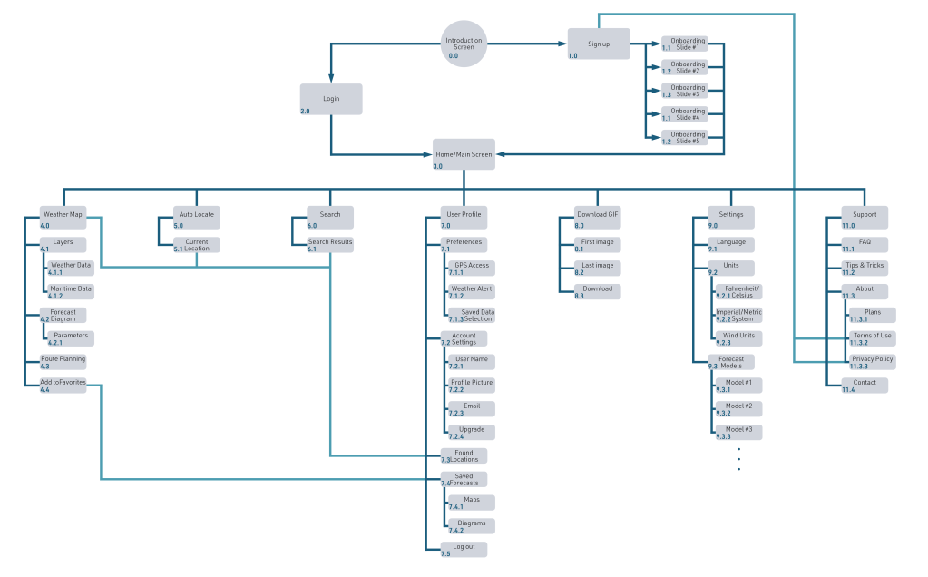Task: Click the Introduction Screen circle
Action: [464, 43]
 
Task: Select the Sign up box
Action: [599, 44]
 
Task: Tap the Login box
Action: [331, 99]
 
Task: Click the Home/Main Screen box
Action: [464, 154]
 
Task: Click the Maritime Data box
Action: [71, 290]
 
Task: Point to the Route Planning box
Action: [63, 360]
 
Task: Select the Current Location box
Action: [197, 245]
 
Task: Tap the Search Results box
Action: [330, 244]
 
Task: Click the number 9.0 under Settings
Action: [713, 225]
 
